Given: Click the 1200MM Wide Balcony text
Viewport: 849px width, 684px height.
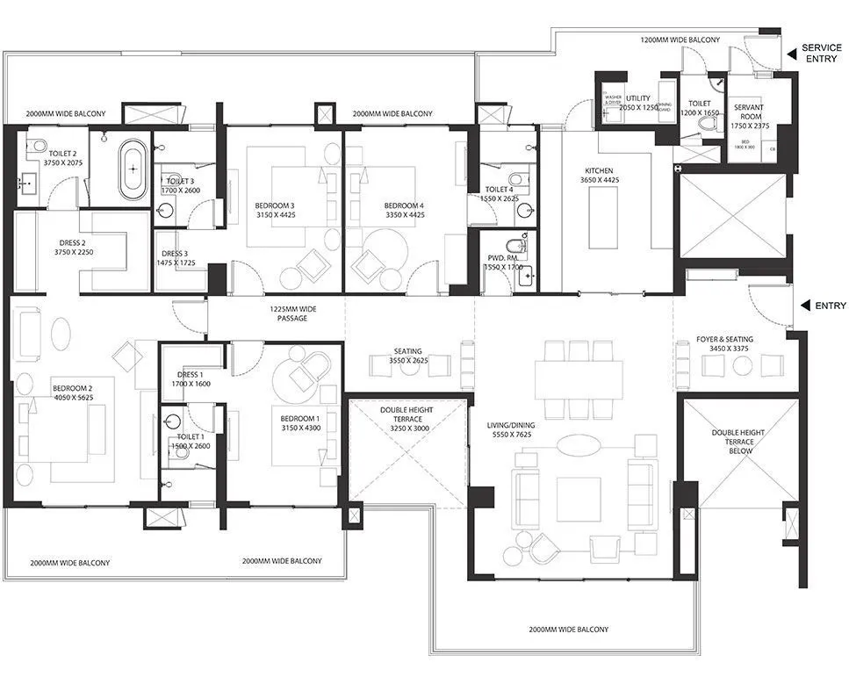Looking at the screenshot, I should pos(680,40).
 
